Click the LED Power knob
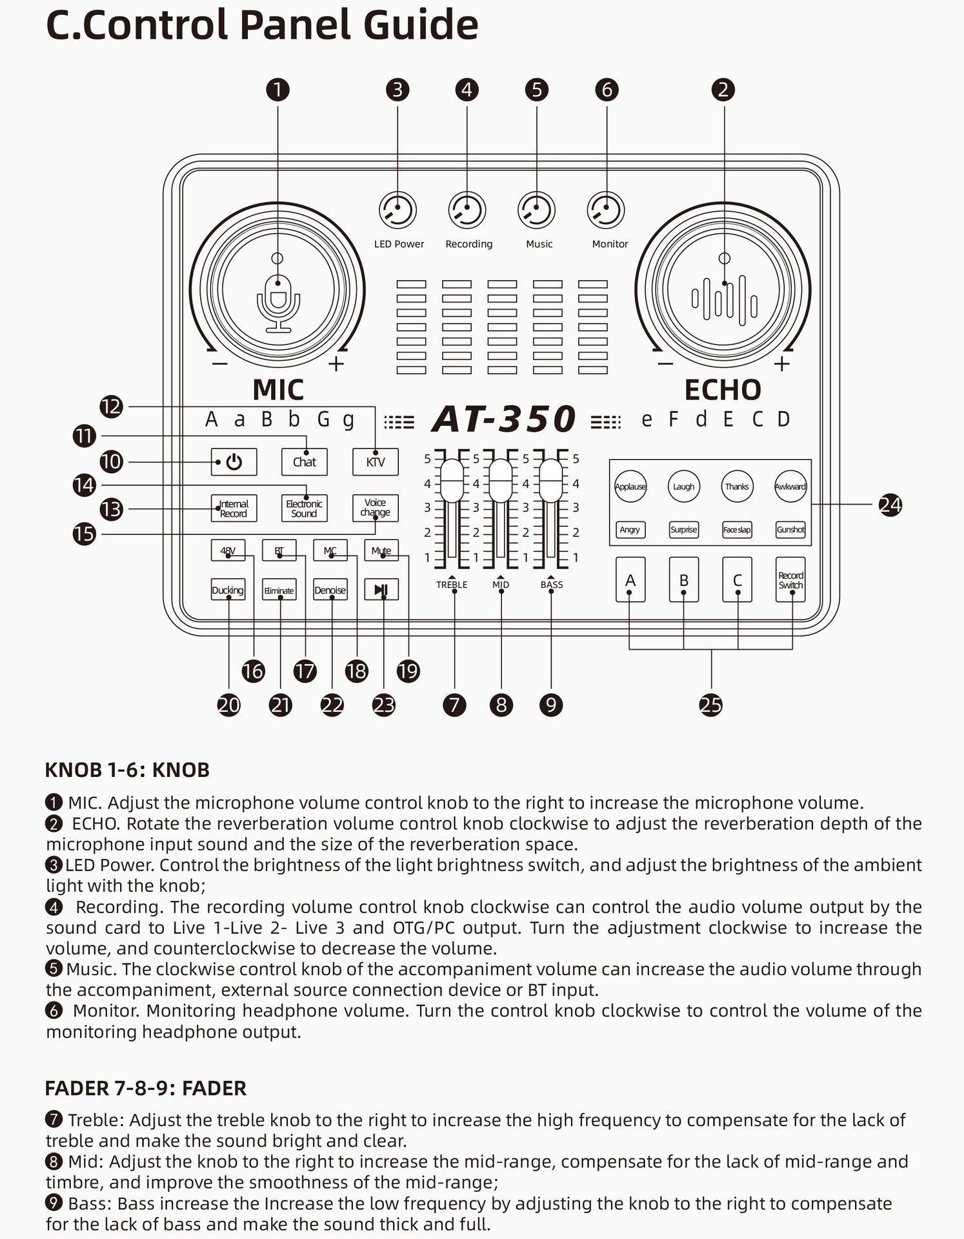click(397, 210)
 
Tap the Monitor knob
click(606, 210)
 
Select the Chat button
click(305, 462)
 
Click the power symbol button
click(234, 462)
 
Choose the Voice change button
click(376, 508)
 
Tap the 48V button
click(228, 550)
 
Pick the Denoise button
click(330, 590)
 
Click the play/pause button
click(381, 589)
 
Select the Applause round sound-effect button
click(630, 487)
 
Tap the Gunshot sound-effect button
click(790, 530)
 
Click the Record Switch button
click(790, 580)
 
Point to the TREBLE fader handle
click(452, 481)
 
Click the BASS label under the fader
click(552, 585)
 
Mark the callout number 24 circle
click(890, 505)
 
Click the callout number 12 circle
click(112, 407)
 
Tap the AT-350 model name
click(504, 419)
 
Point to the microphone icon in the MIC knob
click(278, 303)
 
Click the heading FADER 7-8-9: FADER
click(146, 1088)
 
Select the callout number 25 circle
click(711, 705)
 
